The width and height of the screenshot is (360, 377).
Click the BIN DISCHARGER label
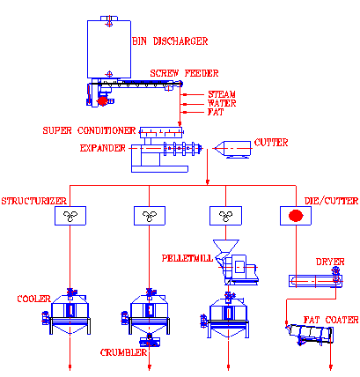click(x=170, y=41)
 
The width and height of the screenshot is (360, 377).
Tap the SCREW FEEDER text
click(x=184, y=73)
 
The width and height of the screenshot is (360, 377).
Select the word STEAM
click(x=222, y=94)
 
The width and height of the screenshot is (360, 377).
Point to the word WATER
click(x=222, y=103)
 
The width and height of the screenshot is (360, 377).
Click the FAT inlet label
click(x=216, y=112)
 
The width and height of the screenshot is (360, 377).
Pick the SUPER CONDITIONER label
click(x=89, y=130)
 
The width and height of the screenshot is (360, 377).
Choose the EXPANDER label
click(x=103, y=148)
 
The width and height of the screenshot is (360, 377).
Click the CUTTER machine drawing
click(x=232, y=150)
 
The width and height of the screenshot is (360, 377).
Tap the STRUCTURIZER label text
click(x=34, y=201)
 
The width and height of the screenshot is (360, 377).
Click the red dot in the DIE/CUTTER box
click(x=296, y=216)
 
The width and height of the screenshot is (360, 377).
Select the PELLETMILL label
click(x=187, y=258)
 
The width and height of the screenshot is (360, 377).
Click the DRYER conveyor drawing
click(x=315, y=281)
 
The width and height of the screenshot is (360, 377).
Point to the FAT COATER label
click(x=331, y=320)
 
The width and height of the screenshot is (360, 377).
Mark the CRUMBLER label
click(x=123, y=352)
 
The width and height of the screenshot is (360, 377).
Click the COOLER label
click(x=34, y=299)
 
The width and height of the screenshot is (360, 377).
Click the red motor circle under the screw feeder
click(x=102, y=101)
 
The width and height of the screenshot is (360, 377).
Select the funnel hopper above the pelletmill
click(x=226, y=247)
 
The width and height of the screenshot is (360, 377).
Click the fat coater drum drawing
click(x=311, y=334)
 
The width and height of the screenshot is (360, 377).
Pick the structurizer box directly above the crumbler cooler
click(x=150, y=216)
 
